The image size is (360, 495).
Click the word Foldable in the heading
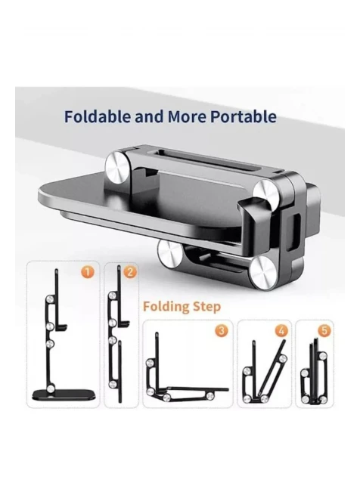tap(98, 116)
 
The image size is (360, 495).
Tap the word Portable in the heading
tap(244, 116)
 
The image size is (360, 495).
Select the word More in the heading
tap(188, 116)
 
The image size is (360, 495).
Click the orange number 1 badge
tap(88, 272)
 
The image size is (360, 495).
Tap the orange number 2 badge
tap(130, 272)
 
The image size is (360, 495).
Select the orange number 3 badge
tap(222, 330)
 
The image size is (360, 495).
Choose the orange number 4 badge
tap(281, 331)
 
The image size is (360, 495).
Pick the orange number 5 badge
tap(324, 330)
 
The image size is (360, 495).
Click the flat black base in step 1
tap(64, 394)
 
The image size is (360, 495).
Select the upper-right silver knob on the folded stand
tap(265, 193)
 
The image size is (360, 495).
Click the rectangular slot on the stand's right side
tap(297, 227)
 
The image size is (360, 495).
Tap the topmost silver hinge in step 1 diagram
tap(50, 299)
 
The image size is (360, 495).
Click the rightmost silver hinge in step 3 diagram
tap(209, 396)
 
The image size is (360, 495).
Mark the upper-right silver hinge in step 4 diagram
tap(282, 358)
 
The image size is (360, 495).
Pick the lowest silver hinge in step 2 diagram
tap(112, 384)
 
